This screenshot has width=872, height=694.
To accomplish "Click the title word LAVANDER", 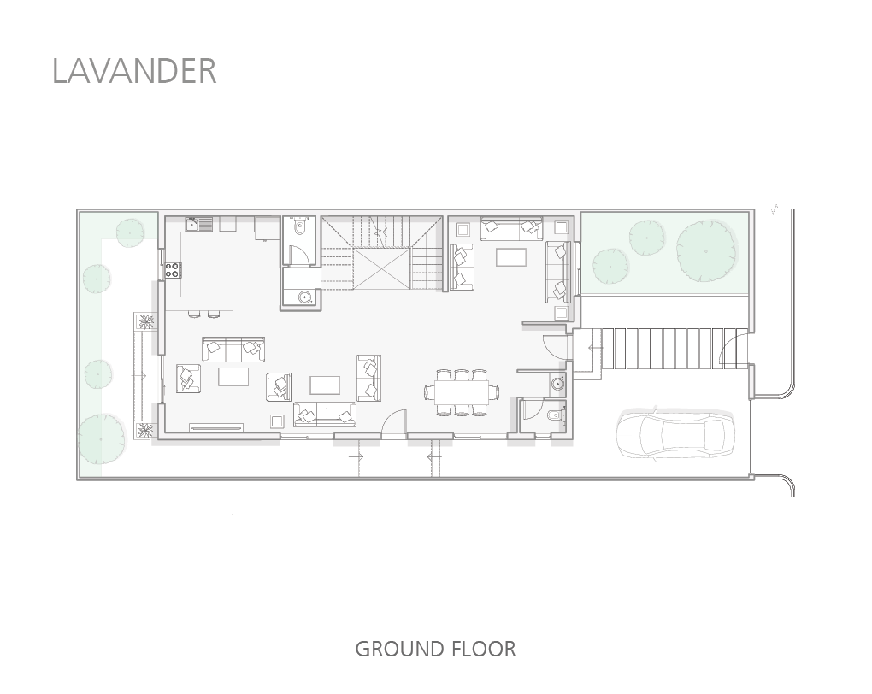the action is coord(134,71).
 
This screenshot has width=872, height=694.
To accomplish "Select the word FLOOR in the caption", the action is coord(484,649).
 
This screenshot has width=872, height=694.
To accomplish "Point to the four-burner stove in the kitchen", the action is coord(174,270).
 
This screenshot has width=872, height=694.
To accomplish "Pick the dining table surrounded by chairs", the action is coord(462,391).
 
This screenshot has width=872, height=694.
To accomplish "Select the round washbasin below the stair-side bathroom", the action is coord(304,297).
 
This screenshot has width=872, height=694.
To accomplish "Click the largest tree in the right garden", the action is coord(706,250).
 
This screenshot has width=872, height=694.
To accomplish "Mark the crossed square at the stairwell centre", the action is coord(381,269).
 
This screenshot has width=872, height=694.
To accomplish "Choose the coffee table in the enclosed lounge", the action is coord(511,257).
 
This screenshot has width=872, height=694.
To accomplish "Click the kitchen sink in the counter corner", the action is coord(193,224).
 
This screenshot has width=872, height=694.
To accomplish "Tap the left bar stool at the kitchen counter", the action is coord(193,315).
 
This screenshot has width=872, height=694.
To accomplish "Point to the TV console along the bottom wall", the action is coord(216,427).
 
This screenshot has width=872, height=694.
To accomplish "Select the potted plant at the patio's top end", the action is coord(147,322).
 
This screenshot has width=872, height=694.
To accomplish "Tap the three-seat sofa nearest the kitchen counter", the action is coord(233,350).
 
